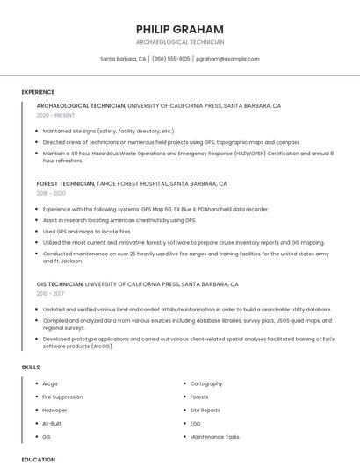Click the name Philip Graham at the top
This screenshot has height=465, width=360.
180,29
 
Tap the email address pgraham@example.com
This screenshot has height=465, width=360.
227,59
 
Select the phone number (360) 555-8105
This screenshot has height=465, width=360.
170,59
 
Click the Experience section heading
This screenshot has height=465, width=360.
38,92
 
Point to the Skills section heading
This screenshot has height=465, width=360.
31,367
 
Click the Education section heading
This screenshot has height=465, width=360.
39,459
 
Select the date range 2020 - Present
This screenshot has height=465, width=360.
56,115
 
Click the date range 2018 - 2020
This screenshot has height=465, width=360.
51,193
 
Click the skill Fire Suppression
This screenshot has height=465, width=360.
61,397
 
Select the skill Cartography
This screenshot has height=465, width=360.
206,383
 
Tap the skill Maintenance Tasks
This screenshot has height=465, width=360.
214,436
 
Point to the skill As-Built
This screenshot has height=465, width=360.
53,423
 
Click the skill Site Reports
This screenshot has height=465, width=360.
205,410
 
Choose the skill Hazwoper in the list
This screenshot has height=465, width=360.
54,410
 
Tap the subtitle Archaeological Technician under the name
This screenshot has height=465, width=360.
180,42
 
